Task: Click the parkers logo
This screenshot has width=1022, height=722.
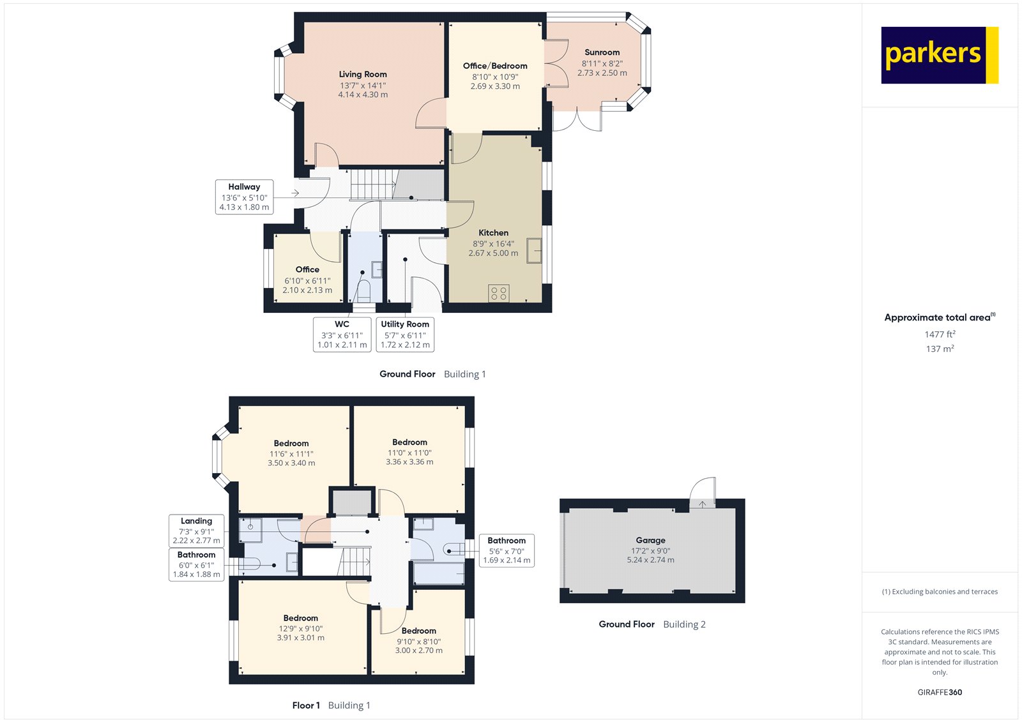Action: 939,55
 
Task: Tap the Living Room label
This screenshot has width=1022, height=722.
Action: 363,74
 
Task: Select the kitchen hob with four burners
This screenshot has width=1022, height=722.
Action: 499,294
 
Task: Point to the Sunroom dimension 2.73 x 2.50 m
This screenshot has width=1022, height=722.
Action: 602,73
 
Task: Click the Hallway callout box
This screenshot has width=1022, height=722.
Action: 244,197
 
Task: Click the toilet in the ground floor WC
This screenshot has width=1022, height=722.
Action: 363,292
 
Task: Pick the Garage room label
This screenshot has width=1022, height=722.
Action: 650,540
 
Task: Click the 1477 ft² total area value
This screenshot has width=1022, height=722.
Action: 940,334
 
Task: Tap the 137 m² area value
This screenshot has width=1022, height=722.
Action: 940,349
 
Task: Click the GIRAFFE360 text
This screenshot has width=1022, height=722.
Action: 940,692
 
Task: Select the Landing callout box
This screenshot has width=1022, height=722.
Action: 197,530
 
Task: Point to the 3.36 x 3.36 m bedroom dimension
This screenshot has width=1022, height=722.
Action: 409,462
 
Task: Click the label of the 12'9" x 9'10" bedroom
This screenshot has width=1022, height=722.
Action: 300,618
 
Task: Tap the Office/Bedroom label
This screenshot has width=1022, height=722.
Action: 495,66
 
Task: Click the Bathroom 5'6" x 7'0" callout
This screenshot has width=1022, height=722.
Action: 507,550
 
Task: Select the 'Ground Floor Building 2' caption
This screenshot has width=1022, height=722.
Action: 652,624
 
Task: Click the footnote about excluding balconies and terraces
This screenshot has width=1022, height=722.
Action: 940,592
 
